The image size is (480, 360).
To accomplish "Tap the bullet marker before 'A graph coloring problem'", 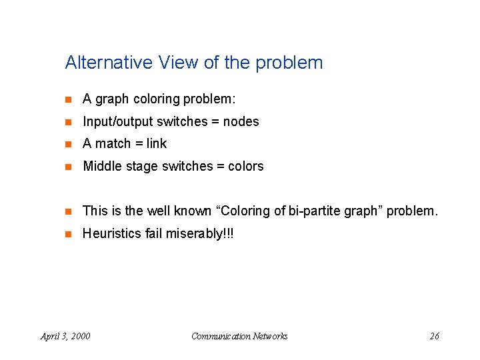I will click(67, 100).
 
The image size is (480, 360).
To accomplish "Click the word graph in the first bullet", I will click(112, 99).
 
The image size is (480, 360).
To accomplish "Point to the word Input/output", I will click(117, 122).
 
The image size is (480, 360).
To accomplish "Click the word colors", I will click(246, 167).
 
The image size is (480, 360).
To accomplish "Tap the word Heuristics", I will click(111, 234).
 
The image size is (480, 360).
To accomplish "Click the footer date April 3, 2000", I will click(65, 336).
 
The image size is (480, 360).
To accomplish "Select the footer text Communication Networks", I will click(239, 336).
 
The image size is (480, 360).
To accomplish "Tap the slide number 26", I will click(434, 336).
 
